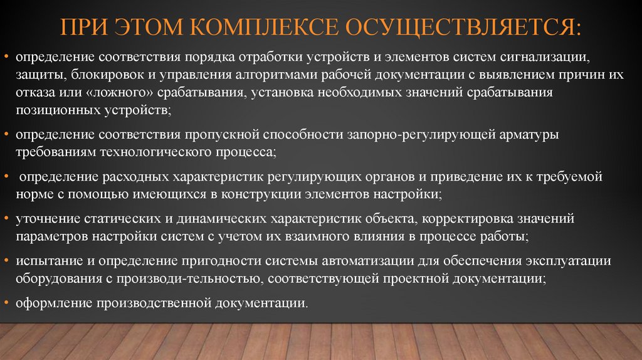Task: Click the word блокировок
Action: [98, 76]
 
